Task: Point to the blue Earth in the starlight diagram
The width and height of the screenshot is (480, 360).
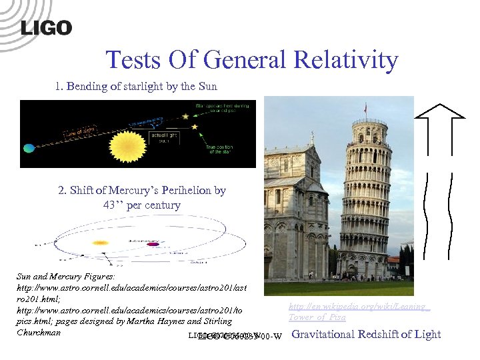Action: [28, 147]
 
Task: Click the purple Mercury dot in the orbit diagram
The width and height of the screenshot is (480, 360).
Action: [153, 244]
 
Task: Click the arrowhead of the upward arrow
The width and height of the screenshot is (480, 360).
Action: [439, 110]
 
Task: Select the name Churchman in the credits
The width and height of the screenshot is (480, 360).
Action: [39, 332]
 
